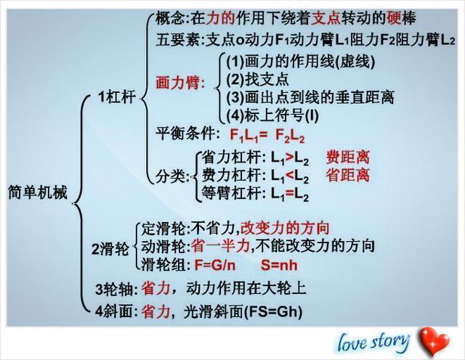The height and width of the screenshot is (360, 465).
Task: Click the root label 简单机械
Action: pos(38,192)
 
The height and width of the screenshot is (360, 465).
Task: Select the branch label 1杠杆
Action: pos(117,97)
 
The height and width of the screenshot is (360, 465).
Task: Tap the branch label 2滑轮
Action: pos(110,249)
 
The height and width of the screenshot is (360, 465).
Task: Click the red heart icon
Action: pos(434,341)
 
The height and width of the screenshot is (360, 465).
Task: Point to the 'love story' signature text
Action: pos(373,342)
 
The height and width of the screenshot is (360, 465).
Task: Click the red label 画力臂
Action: pos(181,83)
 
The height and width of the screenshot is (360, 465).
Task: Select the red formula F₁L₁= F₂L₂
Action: pos(267,136)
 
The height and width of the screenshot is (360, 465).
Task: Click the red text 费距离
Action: pos(348,157)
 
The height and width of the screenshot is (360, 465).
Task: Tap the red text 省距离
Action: pos(348,175)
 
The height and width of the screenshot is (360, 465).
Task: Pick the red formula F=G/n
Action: pos(215,265)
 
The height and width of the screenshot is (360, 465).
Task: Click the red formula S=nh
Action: pos(279,265)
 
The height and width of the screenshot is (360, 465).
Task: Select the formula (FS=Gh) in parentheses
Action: pos(273,312)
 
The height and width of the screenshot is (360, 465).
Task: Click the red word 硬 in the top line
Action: pos(394,17)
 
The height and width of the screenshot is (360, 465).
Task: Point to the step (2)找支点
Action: pos(257,79)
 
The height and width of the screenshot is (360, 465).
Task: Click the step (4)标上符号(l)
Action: pos(272,115)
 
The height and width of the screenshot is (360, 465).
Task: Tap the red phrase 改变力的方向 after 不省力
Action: pos(285,228)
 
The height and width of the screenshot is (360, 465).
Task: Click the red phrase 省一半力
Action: pos(220,246)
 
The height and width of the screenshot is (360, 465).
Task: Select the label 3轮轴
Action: pos(115,289)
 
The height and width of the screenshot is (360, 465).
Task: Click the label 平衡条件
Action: pos(186,134)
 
